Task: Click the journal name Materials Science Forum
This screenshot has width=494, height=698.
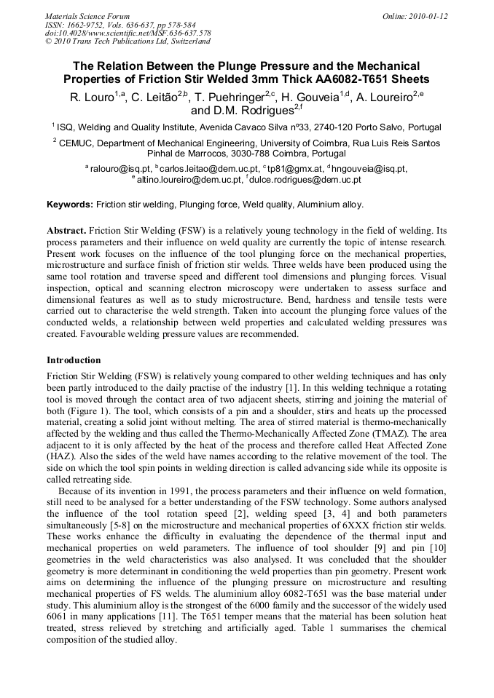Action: pos(87,16)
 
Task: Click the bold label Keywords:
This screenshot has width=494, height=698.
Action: pos(70,205)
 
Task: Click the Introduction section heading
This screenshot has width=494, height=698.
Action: pos(74,360)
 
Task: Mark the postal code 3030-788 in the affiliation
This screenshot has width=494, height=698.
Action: pos(248,154)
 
